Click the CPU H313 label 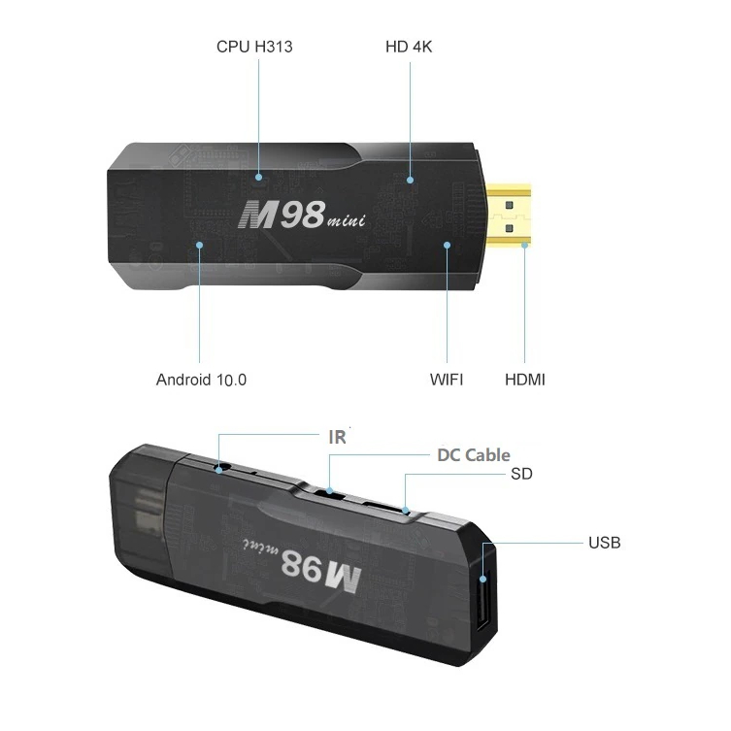pyautogui.click(x=254, y=46)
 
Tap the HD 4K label pyautogui.click(x=409, y=46)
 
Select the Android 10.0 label pyautogui.click(x=201, y=380)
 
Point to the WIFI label pyautogui.click(x=447, y=380)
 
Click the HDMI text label pyautogui.click(x=525, y=380)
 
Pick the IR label pyautogui.click(x=337, y=437)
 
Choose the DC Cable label pyautogui.click(x=473, y=454)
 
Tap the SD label pyautogui.click(x=521, y=475)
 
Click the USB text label pyautogui.click(x=604, y=542)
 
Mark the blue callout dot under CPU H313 pyautogui.click(x=259, y=178)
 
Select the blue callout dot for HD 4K pyautogui.click(x=410, y=180)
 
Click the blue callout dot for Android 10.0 pyautogui.click(x=199, y=245)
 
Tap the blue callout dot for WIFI pyautogui.click(x=448, y=245)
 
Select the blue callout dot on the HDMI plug pyautogui.click(x=525, y=246)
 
